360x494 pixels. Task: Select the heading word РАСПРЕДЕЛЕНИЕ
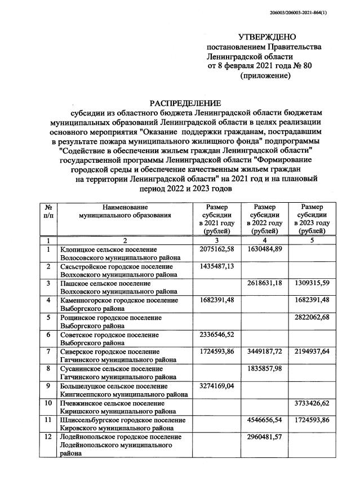tap(185, 103)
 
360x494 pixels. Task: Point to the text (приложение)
tap(265, 75)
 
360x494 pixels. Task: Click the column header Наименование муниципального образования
tap(125, 212)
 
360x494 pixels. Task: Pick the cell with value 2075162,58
tap(216, 249)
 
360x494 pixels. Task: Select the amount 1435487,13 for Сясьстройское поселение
tap(216, 265)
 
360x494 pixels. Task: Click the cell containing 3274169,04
tap(216, 386)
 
